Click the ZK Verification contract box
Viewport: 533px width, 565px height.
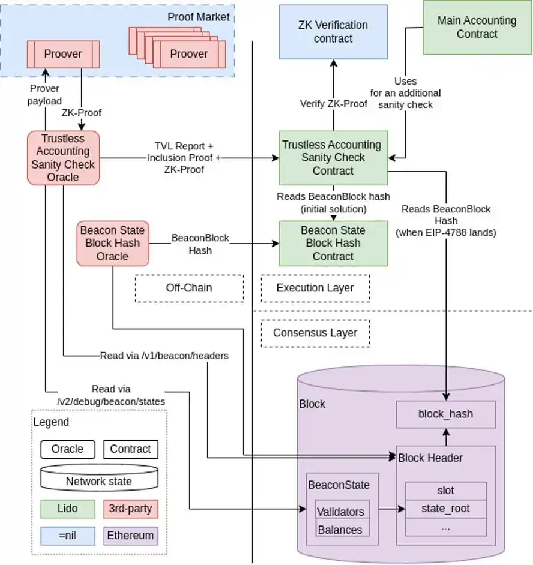coord(333,32)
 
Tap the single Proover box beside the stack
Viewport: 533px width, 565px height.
coord(62,54)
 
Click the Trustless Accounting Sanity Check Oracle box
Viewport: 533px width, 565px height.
coord(63,158)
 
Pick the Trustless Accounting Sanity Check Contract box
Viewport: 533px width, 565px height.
coord(333,158)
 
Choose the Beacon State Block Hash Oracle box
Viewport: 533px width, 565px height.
coord(112,244)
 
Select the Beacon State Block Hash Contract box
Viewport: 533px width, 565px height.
coord(333,244)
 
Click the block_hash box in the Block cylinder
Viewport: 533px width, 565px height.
coord(445,414)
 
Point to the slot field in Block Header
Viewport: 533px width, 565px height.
coord(445,491)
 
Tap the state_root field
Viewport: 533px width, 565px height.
coord(445,509)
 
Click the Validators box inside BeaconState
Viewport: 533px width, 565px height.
coord(340,512)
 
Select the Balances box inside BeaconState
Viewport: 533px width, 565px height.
coord(340,530)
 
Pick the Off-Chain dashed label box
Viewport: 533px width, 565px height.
coord(189,288)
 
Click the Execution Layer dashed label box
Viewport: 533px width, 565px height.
coord(315,288)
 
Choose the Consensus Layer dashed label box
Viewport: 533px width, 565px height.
coord(315,333)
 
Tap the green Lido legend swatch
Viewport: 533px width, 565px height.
coord(68,509)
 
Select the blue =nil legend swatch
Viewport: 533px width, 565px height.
coord(68,535)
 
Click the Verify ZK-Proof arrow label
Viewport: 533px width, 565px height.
coord(333,104)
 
